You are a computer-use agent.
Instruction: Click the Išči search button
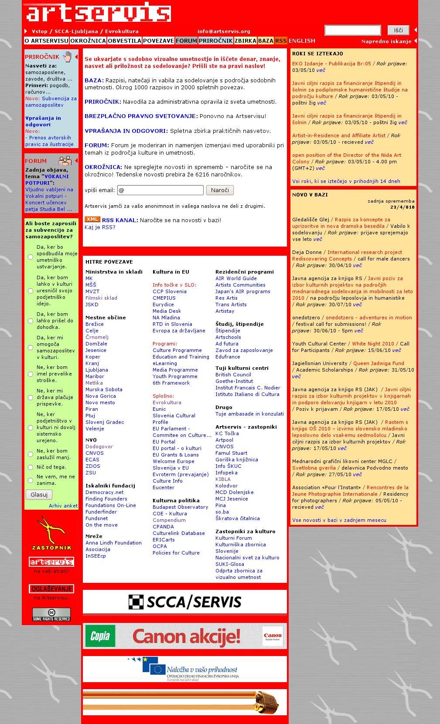pos(398,30)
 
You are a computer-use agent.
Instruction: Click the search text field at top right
pos(352,30)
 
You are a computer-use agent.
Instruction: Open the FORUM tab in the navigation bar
pos(186,41)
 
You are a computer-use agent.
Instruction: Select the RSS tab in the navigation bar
pos(281,41)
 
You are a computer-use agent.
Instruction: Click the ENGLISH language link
pos(302,41)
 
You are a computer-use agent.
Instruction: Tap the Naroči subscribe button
pos(220,190)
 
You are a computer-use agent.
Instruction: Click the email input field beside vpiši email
pos(160,190)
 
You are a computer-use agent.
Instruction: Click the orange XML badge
pos(92,220)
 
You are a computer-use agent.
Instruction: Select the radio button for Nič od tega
pos(31,467)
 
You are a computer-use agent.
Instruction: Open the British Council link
pos(233,375)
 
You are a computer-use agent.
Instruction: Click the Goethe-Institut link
pos(234,381)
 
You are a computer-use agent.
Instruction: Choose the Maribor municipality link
pos(95,376)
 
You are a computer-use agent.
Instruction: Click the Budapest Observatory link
pos(180,507)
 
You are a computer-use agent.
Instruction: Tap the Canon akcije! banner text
pos(186,636)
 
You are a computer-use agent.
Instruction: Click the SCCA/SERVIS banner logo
pos(185,602)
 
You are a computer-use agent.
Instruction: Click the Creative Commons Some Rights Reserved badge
pos(51,614)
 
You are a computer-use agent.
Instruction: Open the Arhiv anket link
pos(63,506)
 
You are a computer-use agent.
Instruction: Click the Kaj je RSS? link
pos(100,227)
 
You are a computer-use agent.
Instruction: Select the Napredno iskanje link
pos(386,41)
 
